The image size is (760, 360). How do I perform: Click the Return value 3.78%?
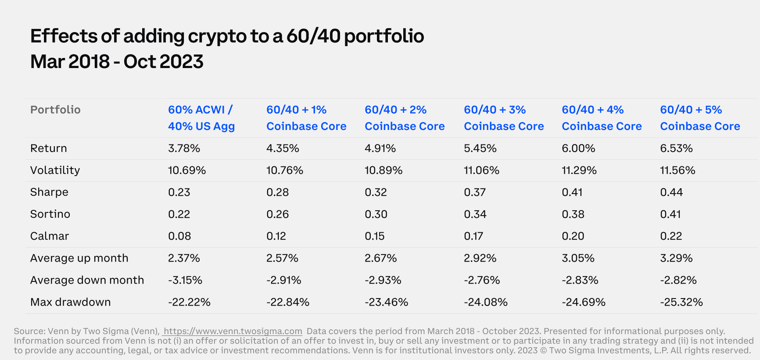(184, 148)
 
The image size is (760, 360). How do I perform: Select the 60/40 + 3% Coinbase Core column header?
(504, 118)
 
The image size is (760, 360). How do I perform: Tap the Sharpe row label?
(49, 192)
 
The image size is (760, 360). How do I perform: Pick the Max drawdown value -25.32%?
(681, 302)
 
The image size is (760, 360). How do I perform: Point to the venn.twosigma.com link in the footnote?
(233, 331)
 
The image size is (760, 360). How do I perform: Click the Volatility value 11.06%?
(481, 170)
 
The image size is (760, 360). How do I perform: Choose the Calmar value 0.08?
(179, 236)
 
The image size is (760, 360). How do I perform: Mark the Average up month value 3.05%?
(578, 258)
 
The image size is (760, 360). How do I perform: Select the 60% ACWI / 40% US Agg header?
(201, 118)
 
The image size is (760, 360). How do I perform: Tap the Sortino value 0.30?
(376, 214)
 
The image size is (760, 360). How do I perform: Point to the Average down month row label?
(87, 280)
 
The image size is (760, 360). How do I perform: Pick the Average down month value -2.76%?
(482, 280)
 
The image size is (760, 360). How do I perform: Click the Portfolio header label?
(55, 110)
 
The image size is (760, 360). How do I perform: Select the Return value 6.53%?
(676, 148)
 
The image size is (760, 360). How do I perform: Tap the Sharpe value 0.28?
(278, 192)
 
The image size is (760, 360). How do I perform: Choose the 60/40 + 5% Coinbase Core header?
(700, 118)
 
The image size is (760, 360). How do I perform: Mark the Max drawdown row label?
(70, 302)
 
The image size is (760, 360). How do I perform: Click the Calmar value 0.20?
(573, 236)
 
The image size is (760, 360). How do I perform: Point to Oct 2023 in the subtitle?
(163, 62)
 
